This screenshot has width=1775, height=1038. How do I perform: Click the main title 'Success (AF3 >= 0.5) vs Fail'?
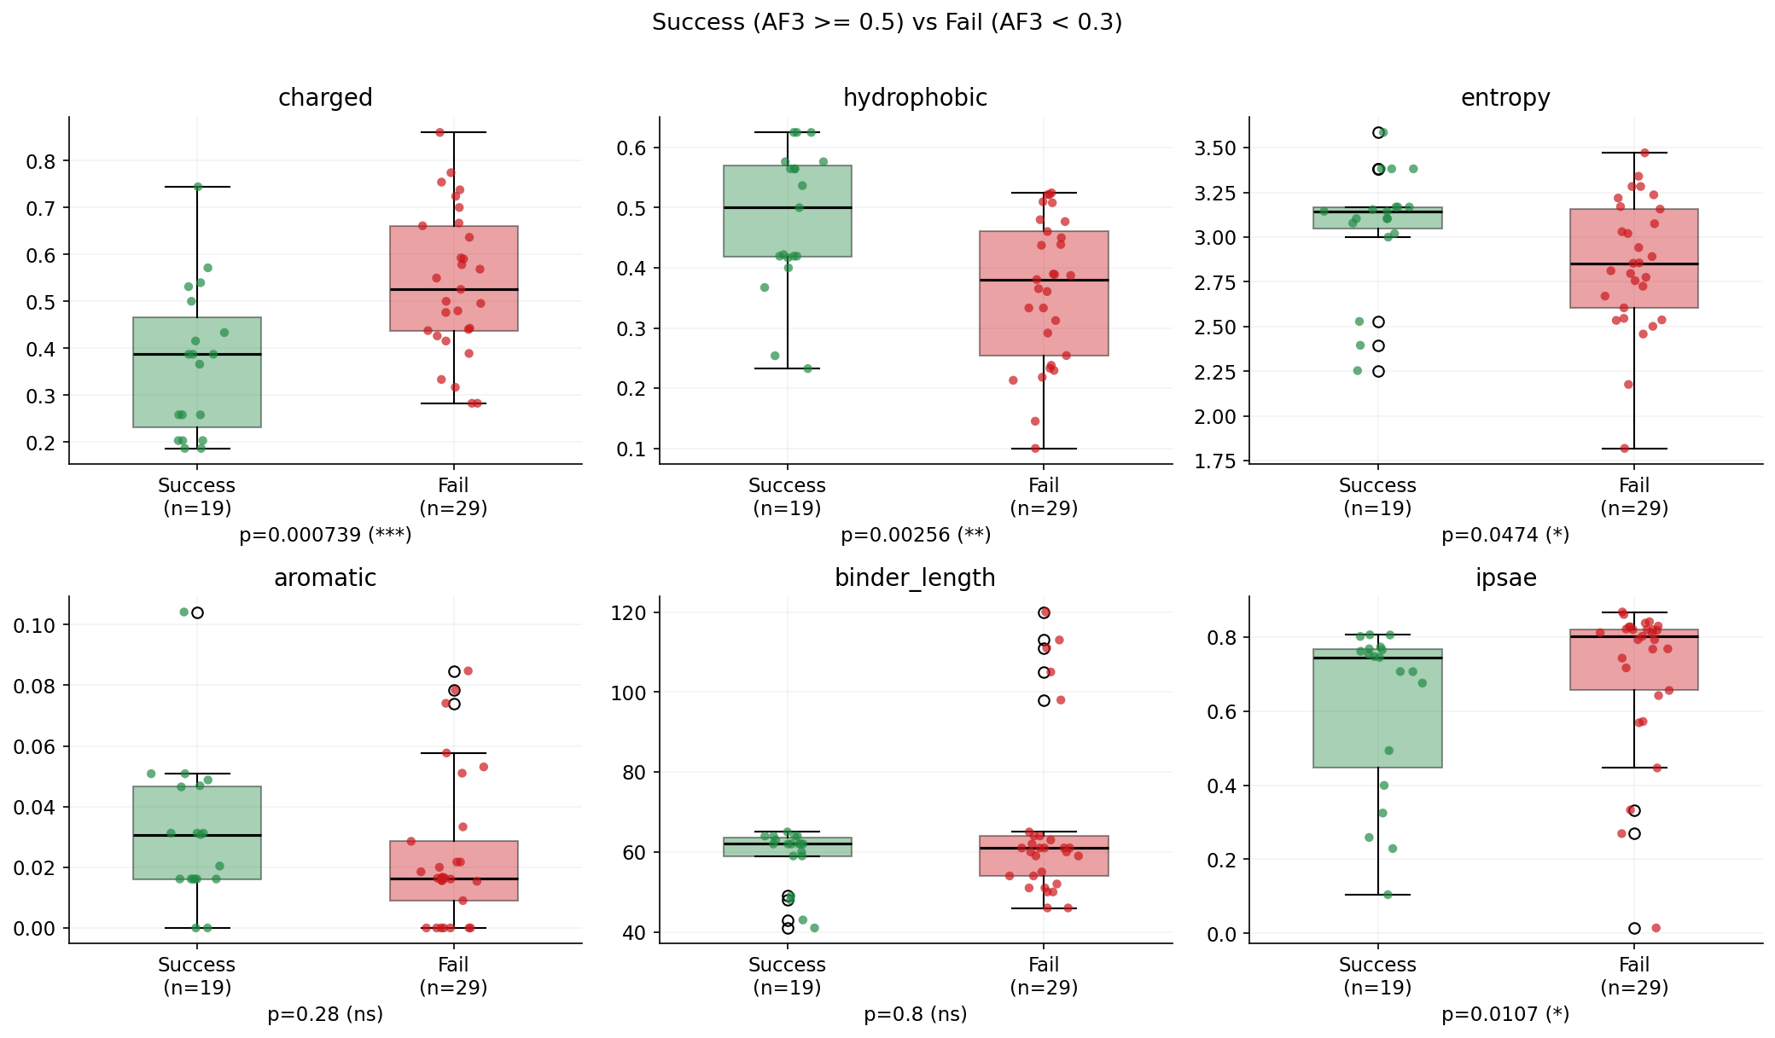click(x=887, y=22)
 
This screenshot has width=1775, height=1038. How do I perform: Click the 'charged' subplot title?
click(x=325, y=98)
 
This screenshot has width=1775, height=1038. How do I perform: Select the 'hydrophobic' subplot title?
click(x=915, y=98)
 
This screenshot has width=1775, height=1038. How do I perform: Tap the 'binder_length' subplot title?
click(x=915, y=578)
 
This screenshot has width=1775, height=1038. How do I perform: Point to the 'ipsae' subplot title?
click(x=1505, y=578)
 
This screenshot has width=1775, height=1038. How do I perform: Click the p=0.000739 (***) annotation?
click(x=325, y=535)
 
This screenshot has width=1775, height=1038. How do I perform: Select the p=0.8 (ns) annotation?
click(x=915, y=1014)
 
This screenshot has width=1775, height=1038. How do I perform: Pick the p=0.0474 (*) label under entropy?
click(x=1505, y=535)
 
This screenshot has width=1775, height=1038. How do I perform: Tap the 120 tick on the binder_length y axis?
click(x=629, y=613)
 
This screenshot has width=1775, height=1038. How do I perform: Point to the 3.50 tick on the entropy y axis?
click(x=1216, y=148)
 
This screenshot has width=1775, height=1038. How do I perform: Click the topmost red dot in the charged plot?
click(x=440, y=132)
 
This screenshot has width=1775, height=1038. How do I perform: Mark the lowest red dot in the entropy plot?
click(x=1625, y=449)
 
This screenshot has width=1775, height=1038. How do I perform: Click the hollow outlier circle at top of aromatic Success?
click(x=197, y=612)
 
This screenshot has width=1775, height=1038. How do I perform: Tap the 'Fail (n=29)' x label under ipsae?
click(x=1633, y=976)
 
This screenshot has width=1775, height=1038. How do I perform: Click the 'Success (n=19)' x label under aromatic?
click(x=197, y=976)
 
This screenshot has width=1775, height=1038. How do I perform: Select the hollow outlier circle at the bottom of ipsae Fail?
click(x=1634, y=928)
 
